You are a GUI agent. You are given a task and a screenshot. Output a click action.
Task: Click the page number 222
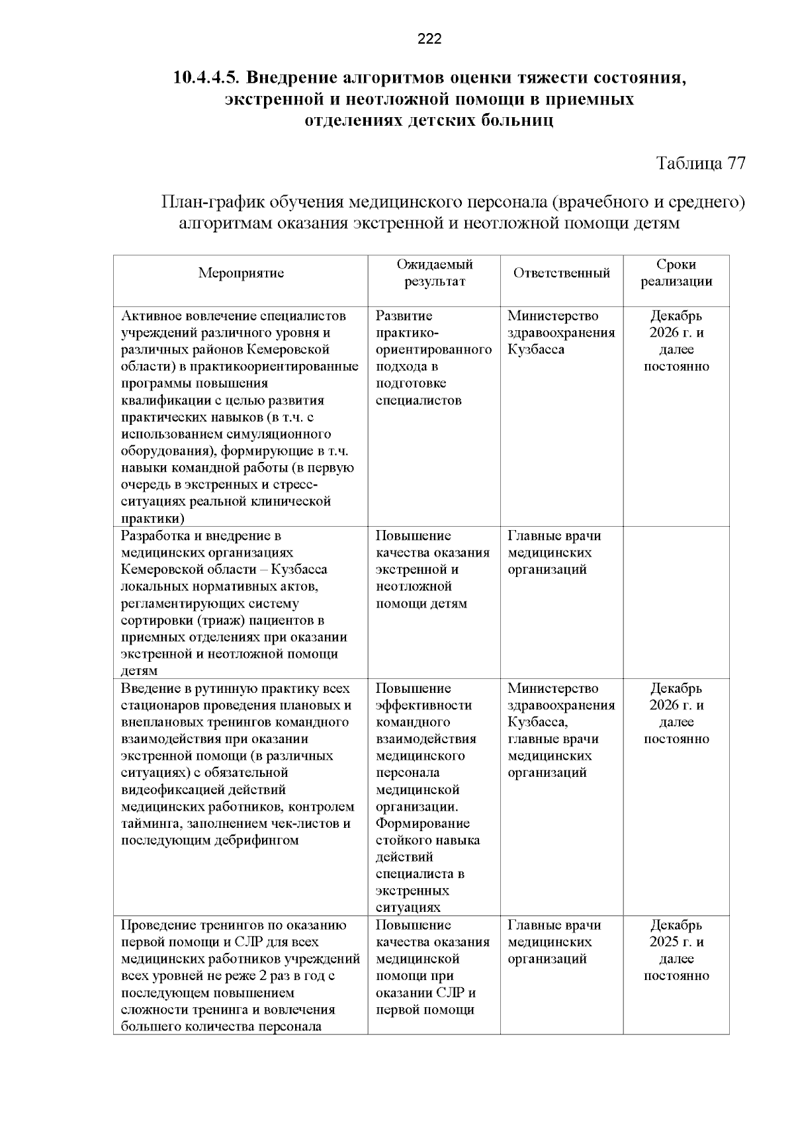(429, 39)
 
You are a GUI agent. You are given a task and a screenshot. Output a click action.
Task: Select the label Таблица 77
(700, 163)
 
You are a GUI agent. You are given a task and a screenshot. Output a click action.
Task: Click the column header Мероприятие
(241, 273)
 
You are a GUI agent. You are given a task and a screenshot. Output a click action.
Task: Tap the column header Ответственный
(561, 273)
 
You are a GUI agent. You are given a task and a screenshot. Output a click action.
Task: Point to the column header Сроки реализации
(676, 273)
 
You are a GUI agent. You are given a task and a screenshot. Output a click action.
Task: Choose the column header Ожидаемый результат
(434, 273)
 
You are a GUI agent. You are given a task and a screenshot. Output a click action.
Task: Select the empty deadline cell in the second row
(676, 602)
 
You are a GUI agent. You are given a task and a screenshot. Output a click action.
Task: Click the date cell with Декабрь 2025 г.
(676, 933)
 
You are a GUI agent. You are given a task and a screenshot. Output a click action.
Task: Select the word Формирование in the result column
(423, 823)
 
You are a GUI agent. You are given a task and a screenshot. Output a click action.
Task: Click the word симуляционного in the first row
(288, 434)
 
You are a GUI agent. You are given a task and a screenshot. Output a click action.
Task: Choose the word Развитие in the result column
(404, 316)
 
